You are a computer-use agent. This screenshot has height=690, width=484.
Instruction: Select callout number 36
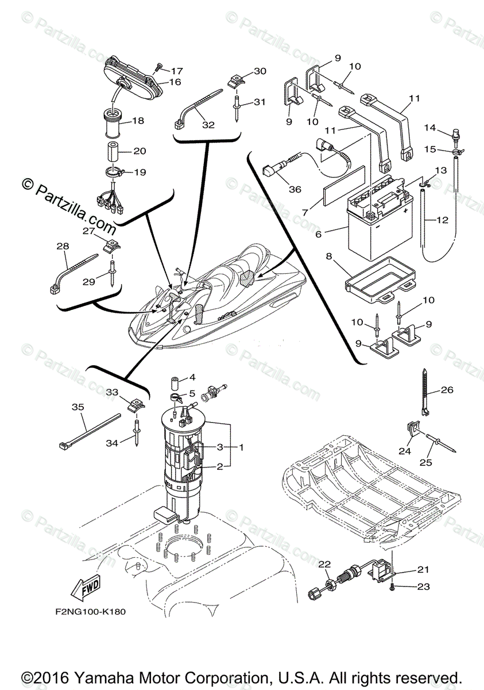pyautogui.click(x=295, y=189)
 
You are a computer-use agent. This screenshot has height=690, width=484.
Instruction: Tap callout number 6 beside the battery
pyautogui.click(x=318, y=233)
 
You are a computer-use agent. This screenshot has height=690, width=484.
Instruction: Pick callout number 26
pyautogui.click(x=447, y=390)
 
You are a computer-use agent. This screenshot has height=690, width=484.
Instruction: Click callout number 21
pyautogui.click(x=423, y=570)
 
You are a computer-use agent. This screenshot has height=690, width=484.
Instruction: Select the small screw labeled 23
pyautogui.click(x=392, y=587)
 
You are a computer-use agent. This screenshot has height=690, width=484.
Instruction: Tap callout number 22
pyautogui.click(x=324, y=564)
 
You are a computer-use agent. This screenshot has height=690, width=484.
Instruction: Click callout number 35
pyautogui.click(x=78, y=407)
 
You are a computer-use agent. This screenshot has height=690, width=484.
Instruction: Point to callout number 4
pyautogui.click(x=193, y=378)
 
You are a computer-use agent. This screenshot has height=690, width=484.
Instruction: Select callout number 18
pyautogui.click(x=138, y=121)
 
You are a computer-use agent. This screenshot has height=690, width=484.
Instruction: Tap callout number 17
pyautogui.click(x=176, y=71)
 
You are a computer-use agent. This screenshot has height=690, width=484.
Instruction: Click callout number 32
pyautogui.click(x=208, y=124)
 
